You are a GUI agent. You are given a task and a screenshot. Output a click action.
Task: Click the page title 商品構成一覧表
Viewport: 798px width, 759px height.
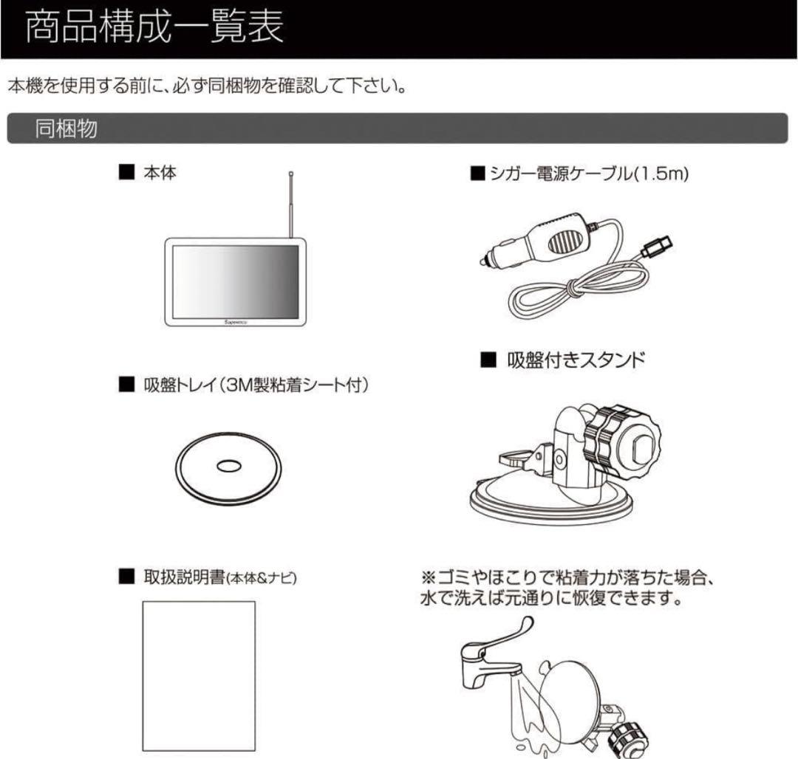[x=154, y=30]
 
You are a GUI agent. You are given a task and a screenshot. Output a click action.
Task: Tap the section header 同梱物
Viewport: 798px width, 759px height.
[x=66, y=128]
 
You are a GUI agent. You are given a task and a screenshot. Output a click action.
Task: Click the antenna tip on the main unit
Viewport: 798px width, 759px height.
[x=292, y=175]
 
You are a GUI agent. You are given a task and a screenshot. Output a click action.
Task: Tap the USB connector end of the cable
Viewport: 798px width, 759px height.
[x=657, y=247]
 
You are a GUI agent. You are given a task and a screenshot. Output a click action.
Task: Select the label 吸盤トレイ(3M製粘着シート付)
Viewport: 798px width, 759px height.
[x=255, y=385]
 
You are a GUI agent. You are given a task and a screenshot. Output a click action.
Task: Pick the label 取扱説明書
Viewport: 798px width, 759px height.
[x=183, y=577]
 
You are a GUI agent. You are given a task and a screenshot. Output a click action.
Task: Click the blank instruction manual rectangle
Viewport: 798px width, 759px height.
[x=198, y=676]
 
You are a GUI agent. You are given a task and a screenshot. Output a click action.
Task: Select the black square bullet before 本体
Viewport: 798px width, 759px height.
[x=126, y=174]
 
